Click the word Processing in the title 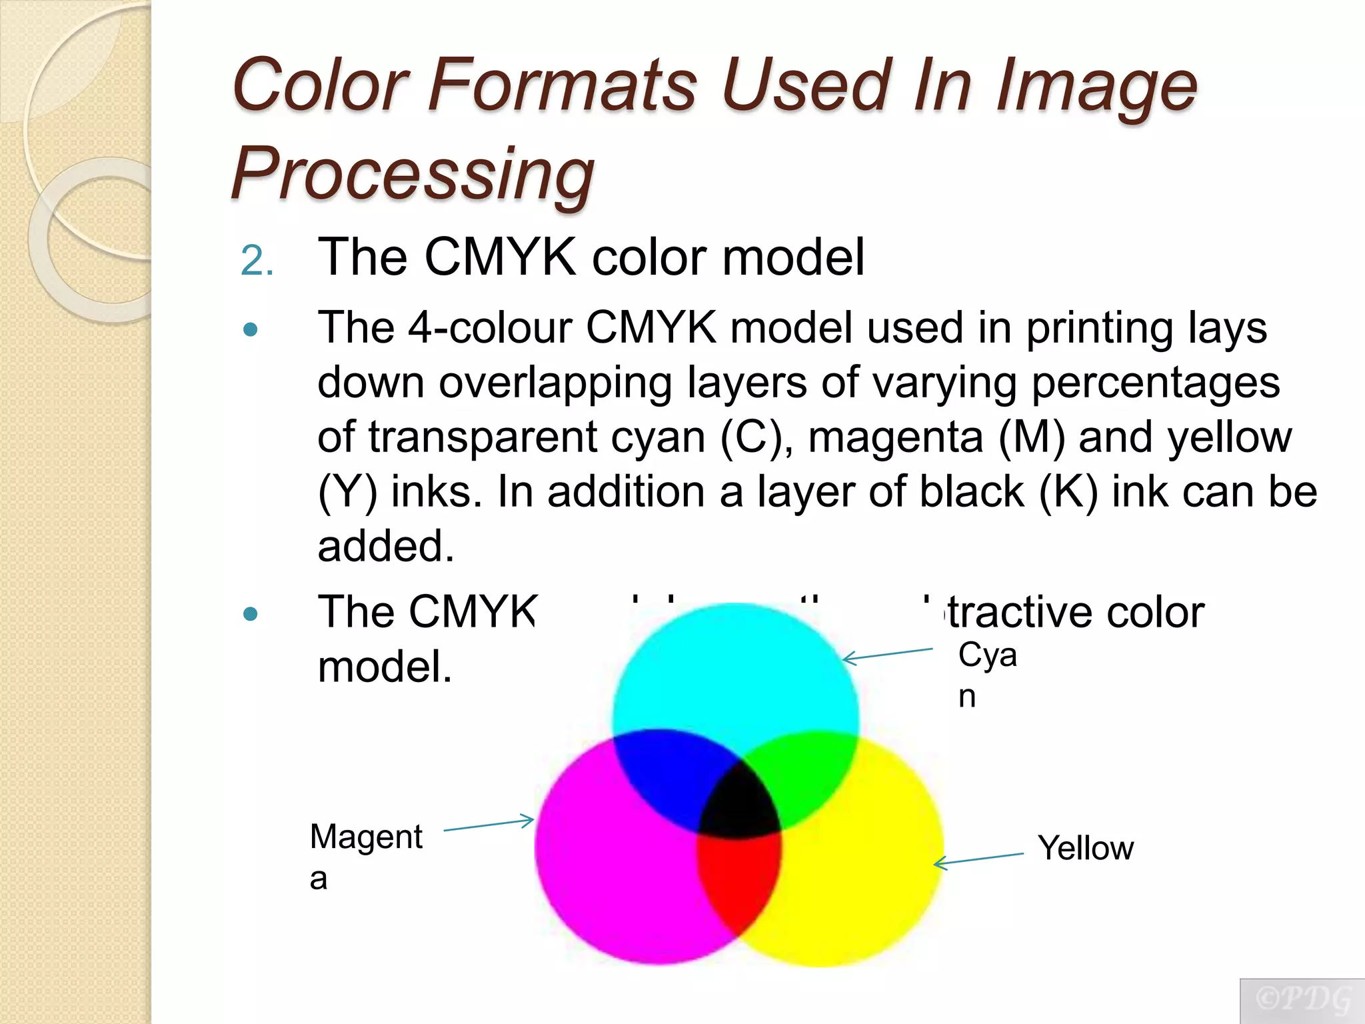click(x=413, y=173)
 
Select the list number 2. click(x=256, y=261)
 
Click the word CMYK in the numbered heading click(x=500, y=257)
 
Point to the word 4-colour click(x=491, y=328)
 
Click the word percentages click(x=1156, y=383)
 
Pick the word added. click(x=385, y=546)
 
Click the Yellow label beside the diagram click(x=1086, y=848)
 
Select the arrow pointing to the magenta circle click(x=489, y=825)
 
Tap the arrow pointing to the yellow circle click(x=978, y=859)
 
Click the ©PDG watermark click(x=1302, y=1000)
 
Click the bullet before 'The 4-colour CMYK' click(x=251, y=329)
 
